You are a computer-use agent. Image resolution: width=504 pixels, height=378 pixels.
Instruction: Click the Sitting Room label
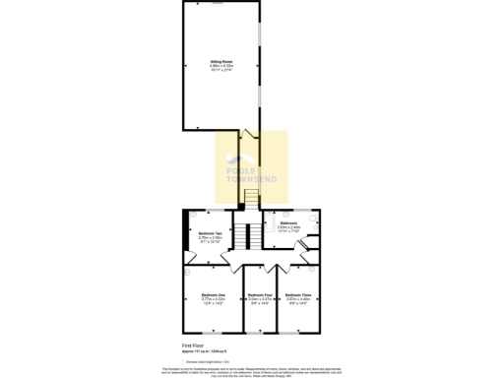click(x=220, y=62)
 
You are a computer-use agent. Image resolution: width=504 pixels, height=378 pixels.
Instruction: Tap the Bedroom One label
click(x=214, y=295)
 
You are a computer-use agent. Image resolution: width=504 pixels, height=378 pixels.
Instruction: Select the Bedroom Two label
click(x=211, y=233)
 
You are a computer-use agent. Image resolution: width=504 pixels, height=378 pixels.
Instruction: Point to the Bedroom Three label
click(x=298, y=295)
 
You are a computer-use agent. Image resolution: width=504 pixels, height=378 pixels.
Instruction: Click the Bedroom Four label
click(x=260, y=295)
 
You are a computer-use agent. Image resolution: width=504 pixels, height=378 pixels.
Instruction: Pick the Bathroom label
click(x=288, y=223)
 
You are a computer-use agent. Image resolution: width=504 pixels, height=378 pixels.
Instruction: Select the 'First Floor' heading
click(x=193, y=346)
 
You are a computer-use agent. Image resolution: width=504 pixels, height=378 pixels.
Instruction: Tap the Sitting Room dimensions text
click(x=220, y=69)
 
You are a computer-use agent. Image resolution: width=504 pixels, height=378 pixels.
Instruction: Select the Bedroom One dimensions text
click(x=214, y=302)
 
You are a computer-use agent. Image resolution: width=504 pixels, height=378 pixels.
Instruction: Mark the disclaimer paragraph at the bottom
click(x=252, y=370)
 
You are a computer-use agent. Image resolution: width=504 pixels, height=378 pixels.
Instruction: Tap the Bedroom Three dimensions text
click(x=298, y=302)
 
